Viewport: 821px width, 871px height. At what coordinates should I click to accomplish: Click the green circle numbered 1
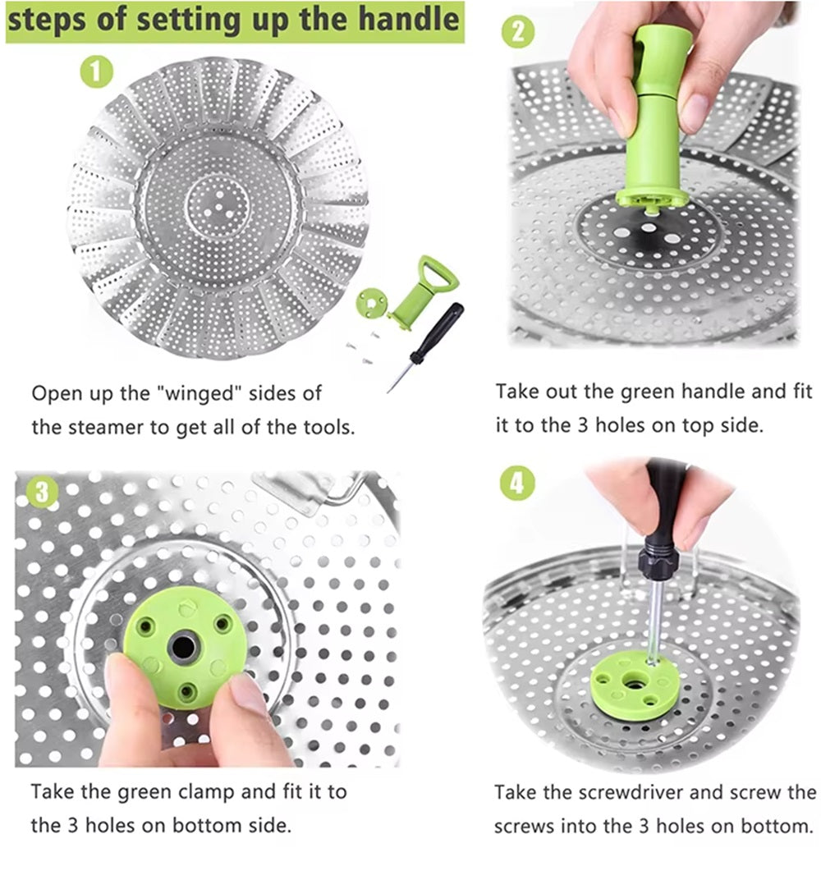point(97,71)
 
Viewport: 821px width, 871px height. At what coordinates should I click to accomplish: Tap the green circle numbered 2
point(518,31)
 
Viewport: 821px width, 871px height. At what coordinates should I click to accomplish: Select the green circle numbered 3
point(42,492)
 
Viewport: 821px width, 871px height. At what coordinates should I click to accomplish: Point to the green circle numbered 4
point(517,484)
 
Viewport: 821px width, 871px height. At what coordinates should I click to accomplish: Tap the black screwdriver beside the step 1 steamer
point(426,346)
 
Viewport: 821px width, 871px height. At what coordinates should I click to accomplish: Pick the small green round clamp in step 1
point(371,303)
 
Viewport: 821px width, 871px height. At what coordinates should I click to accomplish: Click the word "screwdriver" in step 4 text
point(630,792)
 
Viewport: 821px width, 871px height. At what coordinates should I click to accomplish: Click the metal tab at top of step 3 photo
point(289,492)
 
